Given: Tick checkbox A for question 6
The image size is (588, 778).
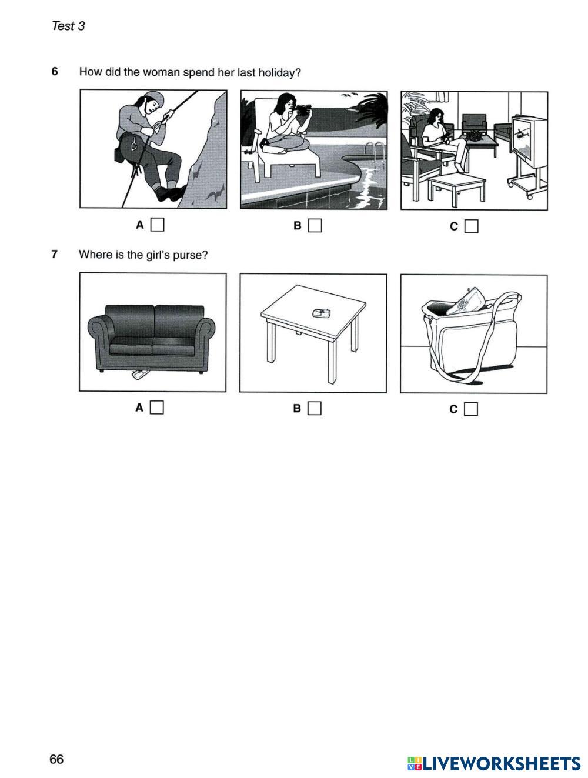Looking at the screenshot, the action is tap(157, 225).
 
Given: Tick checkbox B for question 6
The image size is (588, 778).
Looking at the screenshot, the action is tap(315, 225).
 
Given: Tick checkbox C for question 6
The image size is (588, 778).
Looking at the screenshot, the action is tap(471, 226).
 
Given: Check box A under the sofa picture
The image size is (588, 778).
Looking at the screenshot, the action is tap(156, 408).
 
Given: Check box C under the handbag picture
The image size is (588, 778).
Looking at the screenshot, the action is tap(471, 409).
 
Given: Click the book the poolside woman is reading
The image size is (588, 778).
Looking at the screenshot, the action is tap(303, 110).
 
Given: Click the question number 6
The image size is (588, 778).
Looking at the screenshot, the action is tap(55, 72).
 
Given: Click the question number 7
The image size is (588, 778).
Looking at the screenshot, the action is tap(55, 254).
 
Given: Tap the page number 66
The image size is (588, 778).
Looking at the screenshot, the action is tap(56, 759).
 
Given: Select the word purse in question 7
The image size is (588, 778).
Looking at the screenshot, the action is tap(190, 255).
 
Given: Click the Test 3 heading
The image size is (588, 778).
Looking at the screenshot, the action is tap(68, 26).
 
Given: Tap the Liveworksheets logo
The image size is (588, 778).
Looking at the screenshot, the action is tap(493, 763).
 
